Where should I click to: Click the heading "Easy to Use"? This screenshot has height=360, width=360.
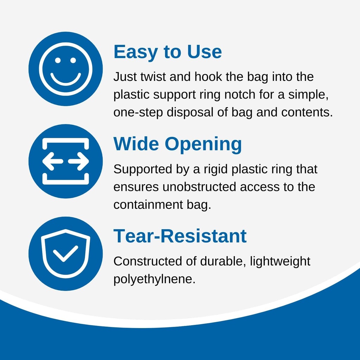point(168,52)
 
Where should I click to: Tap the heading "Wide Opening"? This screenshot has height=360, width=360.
point(178,144)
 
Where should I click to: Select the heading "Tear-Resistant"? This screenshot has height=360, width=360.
point(180,236)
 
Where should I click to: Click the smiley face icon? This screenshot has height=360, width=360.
point(66,69)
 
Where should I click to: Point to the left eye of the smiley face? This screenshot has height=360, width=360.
point(58,60)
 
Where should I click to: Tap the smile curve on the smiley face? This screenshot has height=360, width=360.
point(66,80)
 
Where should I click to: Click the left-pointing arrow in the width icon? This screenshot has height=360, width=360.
point(53,161)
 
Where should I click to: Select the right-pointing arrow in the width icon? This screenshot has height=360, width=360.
point(78,161)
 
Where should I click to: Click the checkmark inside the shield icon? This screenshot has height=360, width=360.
point(66,253)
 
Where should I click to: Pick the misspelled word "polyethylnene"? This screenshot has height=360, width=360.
point(154,279)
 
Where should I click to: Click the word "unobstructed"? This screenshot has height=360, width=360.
point(199,187)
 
